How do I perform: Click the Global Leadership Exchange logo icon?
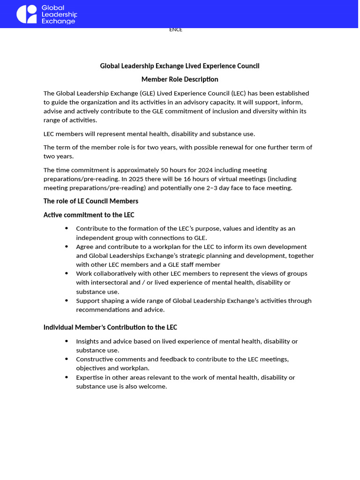27,14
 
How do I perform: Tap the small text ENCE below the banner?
175,30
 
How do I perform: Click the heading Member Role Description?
180,79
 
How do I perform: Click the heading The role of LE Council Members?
91,201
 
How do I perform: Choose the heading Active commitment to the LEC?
89,215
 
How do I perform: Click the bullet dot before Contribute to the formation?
67,228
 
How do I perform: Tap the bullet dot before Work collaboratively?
67,274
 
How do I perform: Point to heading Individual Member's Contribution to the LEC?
110,327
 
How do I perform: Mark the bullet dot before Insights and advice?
67,341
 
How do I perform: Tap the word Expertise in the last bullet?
91,377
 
